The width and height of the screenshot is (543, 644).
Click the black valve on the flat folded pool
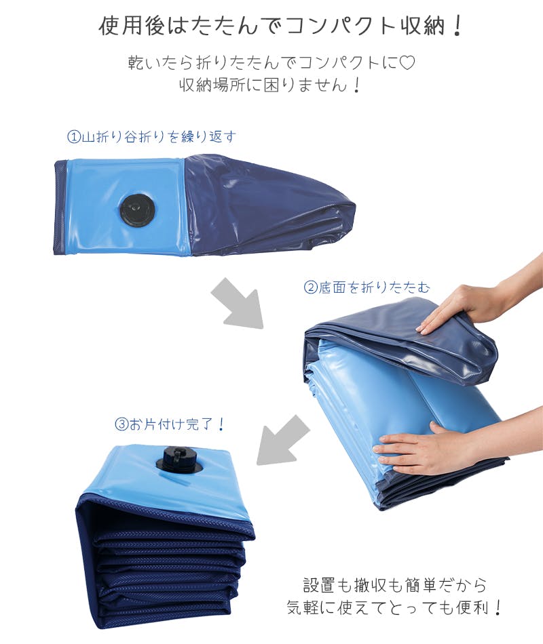[x=137, y=209]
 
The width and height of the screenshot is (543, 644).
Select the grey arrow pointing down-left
[x=282, y=440]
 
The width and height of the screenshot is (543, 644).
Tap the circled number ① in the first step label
[x=73, y=137]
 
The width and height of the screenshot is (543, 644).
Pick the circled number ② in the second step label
[x=310, y=287]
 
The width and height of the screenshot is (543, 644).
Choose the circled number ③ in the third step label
[x=121, y=424]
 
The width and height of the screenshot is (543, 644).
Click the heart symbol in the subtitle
[x=407, y=62]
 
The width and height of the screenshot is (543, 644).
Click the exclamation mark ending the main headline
[x=457, y=26]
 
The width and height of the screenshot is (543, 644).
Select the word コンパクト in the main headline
[x=338, y=26]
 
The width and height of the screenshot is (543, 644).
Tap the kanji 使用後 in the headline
[x=132, y=26]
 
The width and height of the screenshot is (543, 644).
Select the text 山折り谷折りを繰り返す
[x=159, y=137]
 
